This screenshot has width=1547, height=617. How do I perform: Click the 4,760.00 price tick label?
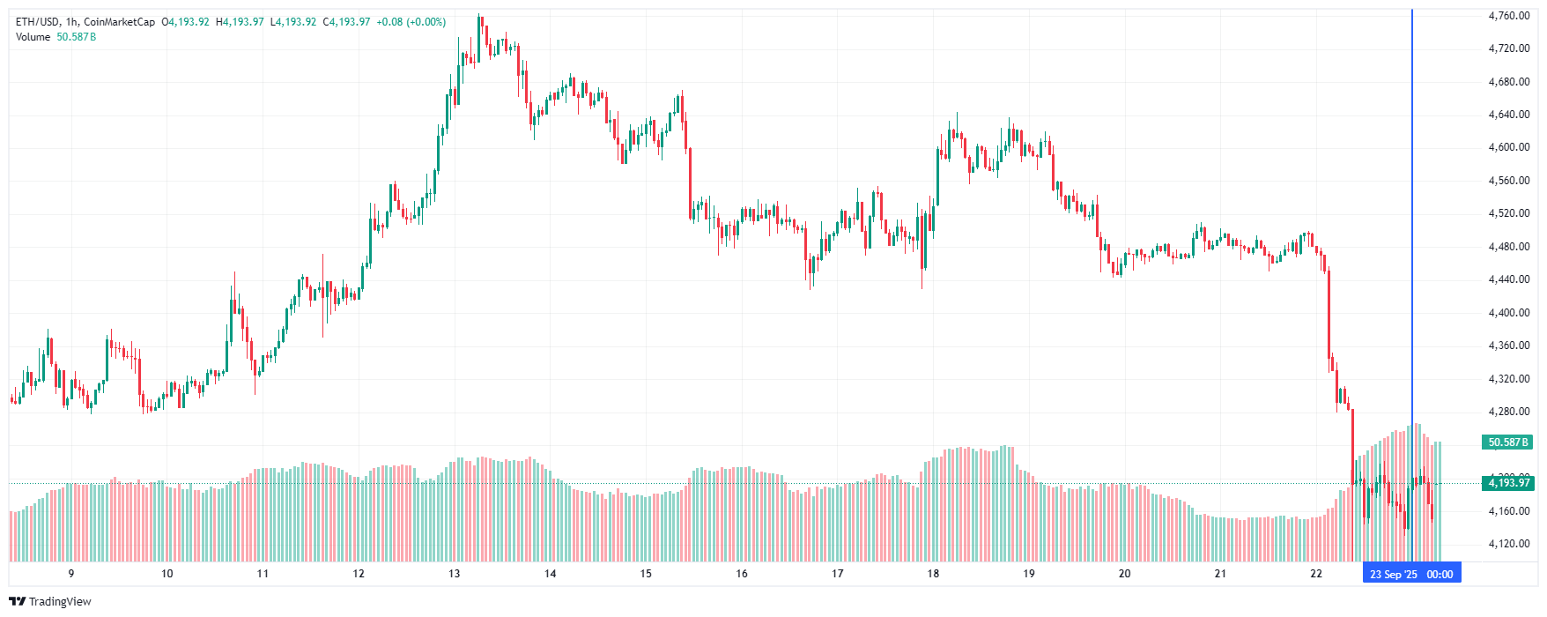[x=1508, y=16]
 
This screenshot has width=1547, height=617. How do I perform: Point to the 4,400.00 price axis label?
[x=1508, y=313]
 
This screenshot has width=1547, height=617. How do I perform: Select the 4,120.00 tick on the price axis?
[x=1508, y=544]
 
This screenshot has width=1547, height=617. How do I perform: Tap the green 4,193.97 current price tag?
[x=1509, y=483]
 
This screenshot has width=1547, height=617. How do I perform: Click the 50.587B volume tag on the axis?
[x=1508, y=442]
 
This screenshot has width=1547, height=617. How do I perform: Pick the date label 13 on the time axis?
[x=454, y=574]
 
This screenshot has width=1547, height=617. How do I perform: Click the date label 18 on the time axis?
[x=933, y=574]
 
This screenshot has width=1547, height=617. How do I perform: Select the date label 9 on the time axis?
[x=71, y=574]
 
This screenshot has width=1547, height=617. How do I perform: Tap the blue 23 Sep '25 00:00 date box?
[x=1411, y=574]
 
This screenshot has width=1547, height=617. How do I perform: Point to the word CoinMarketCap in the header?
[x=119, y=22]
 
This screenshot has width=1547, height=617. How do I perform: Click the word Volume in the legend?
[x=33, y=37]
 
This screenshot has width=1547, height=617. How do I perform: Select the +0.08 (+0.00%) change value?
[x=411, y=22]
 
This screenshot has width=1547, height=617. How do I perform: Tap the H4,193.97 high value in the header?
[x=240, y=22]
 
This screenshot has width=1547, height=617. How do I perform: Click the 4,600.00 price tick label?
[x=1508, y=147]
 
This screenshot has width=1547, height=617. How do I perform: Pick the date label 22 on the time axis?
[x=1316, y=574]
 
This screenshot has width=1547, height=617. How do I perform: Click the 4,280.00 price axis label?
[x=1508, y=412]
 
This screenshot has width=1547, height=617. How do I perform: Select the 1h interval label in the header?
[x=71, y=22]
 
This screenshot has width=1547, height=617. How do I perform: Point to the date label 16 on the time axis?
[x=742, y=574]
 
